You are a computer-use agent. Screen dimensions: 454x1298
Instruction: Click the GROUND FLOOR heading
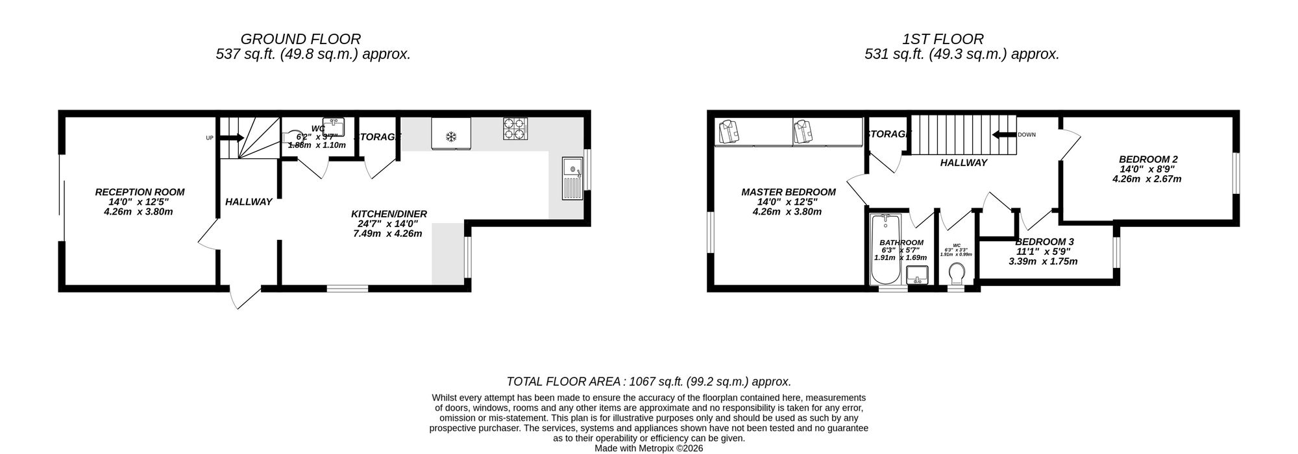pyautogui.click(x=300, y=40)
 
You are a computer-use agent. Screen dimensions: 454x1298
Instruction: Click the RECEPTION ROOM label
pyautogui.click(x=140, y=192)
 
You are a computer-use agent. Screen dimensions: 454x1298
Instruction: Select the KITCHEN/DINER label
pyautogui.click(x=389, y=214)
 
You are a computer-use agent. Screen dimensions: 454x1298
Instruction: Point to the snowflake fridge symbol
pyautogui.click(x=450, y=137)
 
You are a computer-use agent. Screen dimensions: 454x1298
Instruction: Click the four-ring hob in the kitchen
pyautogui.click(x=516, y=128)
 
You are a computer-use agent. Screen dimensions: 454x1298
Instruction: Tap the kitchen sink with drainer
pyautogui.click(x=572, y=178)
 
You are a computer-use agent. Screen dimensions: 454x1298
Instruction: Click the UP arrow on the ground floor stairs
pyautogui.click(x=230, y=137)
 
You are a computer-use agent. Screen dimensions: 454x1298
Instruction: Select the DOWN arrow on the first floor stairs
pyautogui.click(x=1003, y=135)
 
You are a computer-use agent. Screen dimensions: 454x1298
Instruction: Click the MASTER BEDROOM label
pyautogui.click(x=788, y=192)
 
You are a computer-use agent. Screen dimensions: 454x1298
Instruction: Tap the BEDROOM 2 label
pyautogui.click(x=1147, y=160)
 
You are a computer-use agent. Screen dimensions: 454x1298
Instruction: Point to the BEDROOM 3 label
pyautogui.click(x=1044, y=242)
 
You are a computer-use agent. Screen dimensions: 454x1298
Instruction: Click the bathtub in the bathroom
pyautogui.click(x=884, y=250)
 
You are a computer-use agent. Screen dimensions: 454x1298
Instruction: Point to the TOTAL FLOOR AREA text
pyautogui.click(x=648, y=382)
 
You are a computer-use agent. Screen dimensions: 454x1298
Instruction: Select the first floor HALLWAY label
pyautogui.click(x=963, y=163)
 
